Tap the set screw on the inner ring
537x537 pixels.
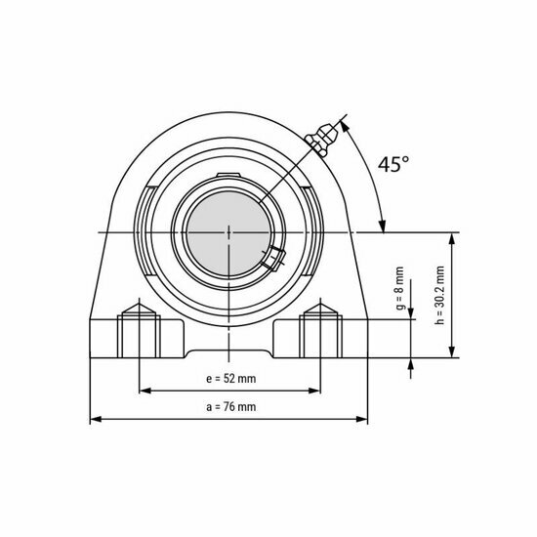click(272, 258)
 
